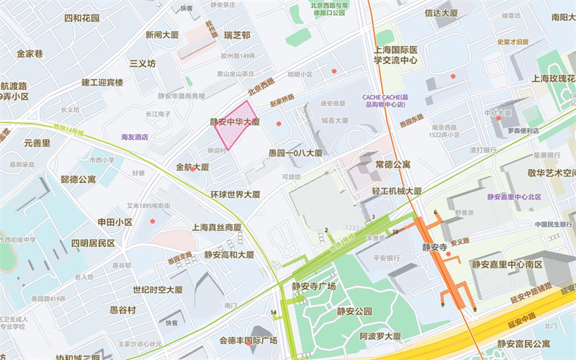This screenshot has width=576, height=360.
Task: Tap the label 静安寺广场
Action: [314, 286]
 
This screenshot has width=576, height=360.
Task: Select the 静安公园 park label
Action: [354, 312]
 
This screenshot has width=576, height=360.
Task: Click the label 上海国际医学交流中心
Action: [396, 55]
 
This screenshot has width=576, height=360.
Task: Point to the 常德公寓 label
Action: [392, 164]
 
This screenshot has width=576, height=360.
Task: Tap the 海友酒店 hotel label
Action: [135, 136]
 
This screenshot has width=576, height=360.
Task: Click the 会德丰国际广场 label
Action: [248, 341]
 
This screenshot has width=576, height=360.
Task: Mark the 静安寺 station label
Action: [435, 247]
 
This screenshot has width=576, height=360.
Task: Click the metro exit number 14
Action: [274, 312]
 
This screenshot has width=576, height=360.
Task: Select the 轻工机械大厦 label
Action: [396, 192]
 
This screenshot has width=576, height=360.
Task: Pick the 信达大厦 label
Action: [441, 12]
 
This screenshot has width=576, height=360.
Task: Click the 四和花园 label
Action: [81, 18]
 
